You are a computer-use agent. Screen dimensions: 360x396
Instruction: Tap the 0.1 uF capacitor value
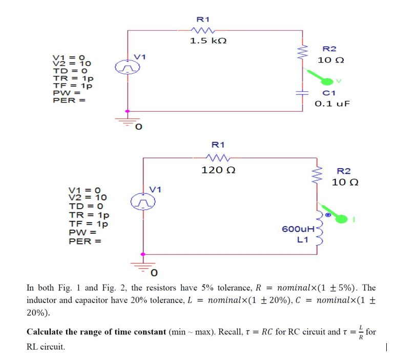click(331, 104)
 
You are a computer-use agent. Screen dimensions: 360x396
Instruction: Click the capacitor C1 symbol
click(302, 93)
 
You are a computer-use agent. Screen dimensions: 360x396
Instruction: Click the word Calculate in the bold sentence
click(47, 332)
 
